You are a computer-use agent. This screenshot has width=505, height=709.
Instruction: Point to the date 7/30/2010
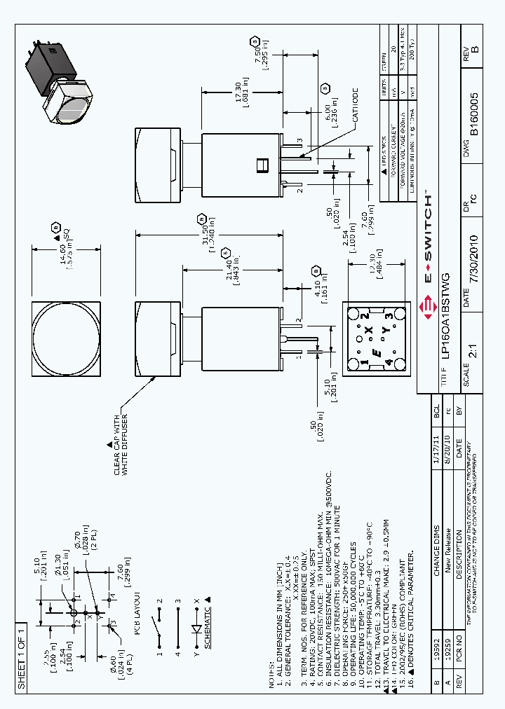[475, 259]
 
